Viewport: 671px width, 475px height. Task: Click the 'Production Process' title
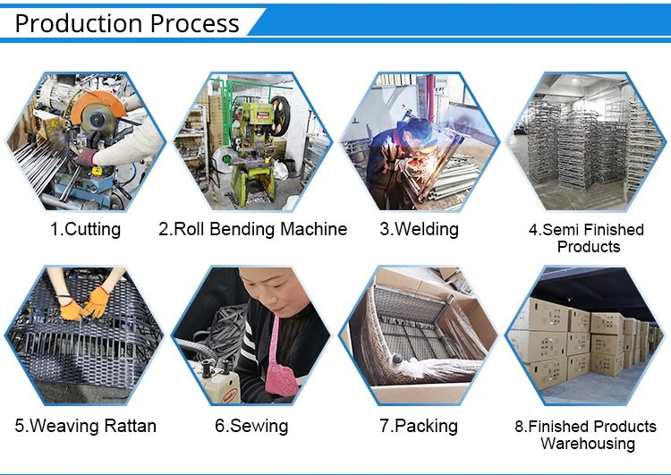[127, 23]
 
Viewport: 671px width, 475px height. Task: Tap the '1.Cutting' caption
[85, 229]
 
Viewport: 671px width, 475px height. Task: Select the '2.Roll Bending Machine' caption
[252, 229]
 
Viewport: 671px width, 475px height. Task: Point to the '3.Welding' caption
[419, 229]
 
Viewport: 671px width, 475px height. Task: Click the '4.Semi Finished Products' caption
[587, 238]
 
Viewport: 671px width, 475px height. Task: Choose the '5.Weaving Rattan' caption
[85, 426]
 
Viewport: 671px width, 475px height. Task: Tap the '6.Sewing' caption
[252, 426]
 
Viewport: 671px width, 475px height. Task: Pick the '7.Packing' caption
[419, 426]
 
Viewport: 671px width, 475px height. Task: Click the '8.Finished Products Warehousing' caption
[587, 435]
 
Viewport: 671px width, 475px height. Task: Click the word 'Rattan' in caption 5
[125, 426]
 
